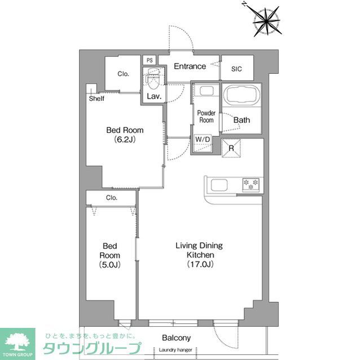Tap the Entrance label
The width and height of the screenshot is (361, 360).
tap(190, 66)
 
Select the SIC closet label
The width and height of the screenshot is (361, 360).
tap(237, 69)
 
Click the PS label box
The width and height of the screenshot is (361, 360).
tap(149, 60)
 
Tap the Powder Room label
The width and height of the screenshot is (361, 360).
tap(206, 117)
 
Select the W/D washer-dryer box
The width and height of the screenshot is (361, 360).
tap(202, 139)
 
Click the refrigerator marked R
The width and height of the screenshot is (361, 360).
tap(231, 149)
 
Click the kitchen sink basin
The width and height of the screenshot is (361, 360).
tap(218, 184)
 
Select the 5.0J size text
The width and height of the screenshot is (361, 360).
tap(111, 264)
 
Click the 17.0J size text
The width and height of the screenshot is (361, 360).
tap(199, 264)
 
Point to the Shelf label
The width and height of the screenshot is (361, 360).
tap(96, 99)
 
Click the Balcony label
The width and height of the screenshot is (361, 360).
tap(176, 338)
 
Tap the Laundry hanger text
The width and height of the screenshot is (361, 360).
tap(175, 350)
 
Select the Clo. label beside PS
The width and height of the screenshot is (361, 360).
tap(124, 74)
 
